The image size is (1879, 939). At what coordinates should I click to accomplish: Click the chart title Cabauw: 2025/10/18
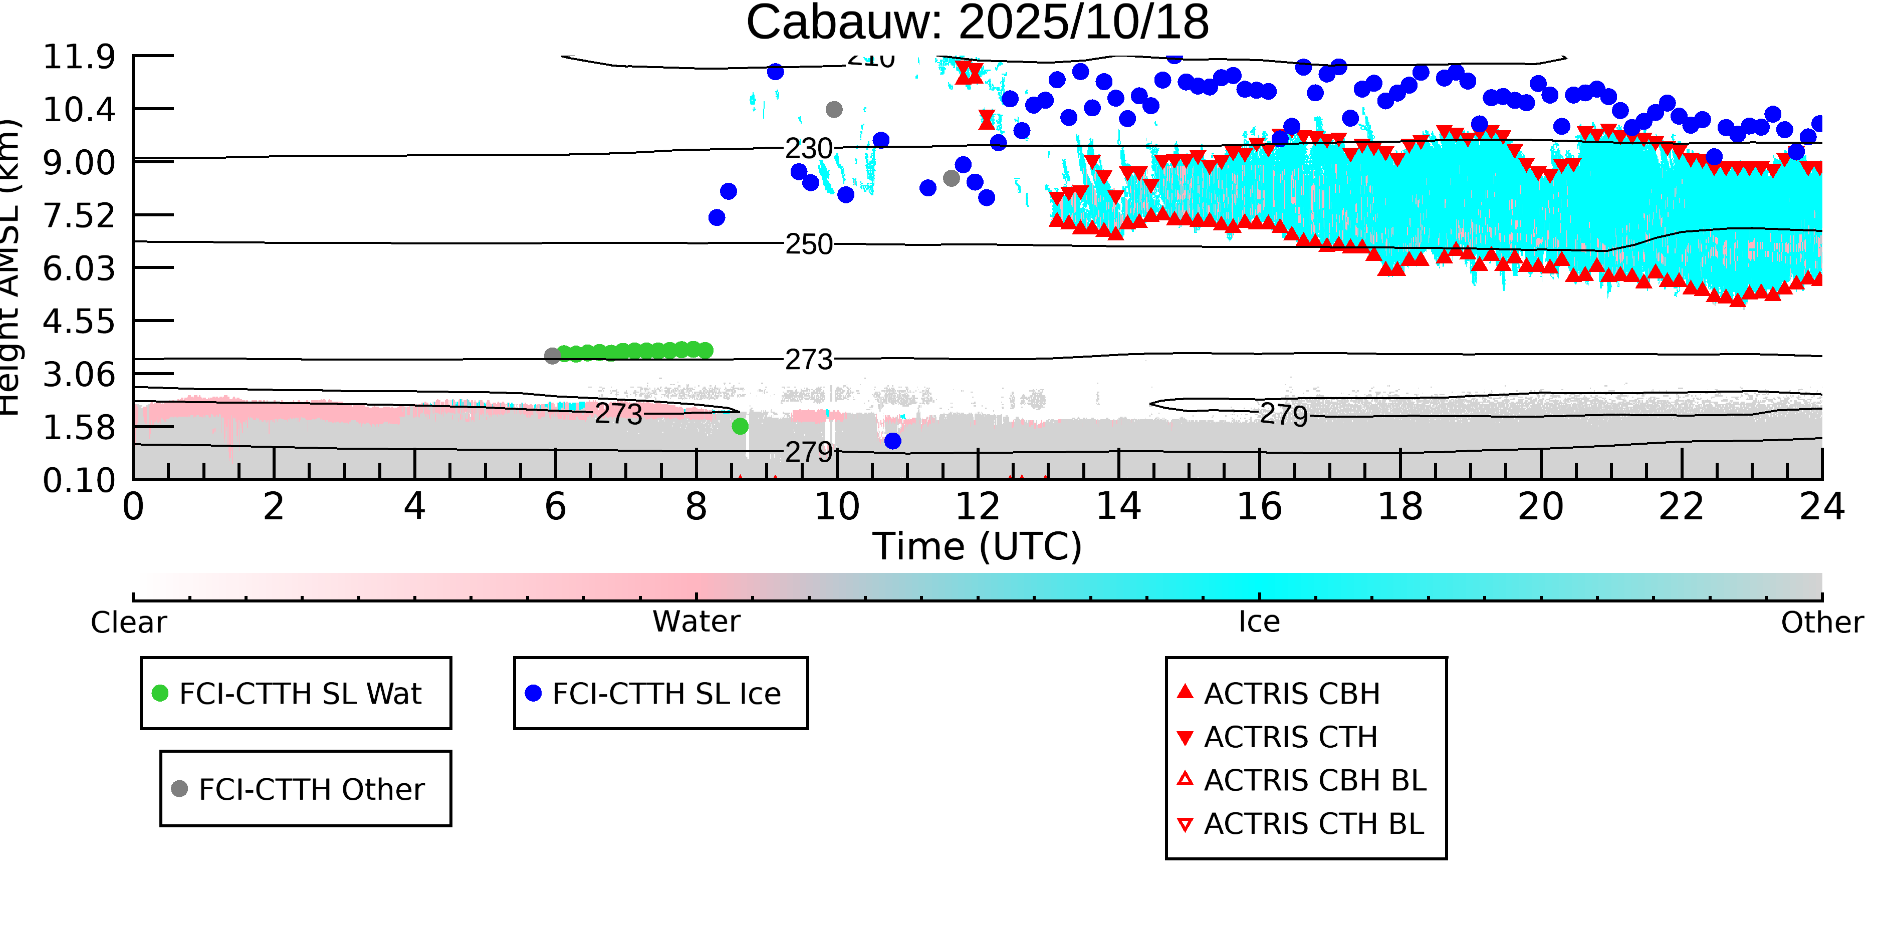pos(977,22)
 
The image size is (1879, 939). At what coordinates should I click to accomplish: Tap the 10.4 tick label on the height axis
pos(79,109)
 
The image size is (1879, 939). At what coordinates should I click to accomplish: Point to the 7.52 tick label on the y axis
pos(79,216)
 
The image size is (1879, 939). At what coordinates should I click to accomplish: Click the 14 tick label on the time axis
pos(1118,507)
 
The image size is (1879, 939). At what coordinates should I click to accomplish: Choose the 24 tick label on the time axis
pos(1821,507)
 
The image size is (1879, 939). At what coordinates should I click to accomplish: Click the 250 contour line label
pos(808,244)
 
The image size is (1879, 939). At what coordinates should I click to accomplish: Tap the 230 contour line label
pos(808,149)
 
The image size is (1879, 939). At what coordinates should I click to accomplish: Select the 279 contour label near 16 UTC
pos(1284,415)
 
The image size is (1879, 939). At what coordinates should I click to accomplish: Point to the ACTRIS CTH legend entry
pos(1290,737)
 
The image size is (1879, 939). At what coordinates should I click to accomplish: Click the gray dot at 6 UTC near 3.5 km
pos(552,356)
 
